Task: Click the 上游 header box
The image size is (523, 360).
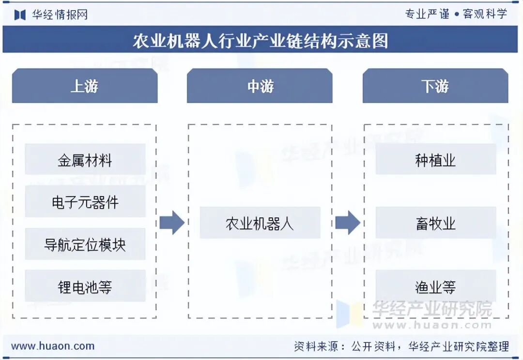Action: [x=85, y=86]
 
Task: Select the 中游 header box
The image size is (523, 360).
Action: [x=260, y=86]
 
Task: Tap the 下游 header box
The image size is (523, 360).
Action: [x=435, y=86]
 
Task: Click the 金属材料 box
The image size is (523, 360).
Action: [x=85, y=159]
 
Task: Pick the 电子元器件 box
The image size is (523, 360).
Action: [x=85, y=202]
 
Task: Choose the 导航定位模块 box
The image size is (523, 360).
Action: [x=85, y=244]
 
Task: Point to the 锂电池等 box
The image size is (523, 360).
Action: [x=85, y=286]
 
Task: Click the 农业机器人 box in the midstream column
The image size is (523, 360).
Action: [x=260, y=223]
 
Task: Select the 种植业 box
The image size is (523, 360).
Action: [x=435, y=159]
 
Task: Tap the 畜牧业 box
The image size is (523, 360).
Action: [x=435, y=223]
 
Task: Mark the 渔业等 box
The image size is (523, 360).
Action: [x=435, y=286]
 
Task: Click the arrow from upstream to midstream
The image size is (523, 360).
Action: [x=172, y=223]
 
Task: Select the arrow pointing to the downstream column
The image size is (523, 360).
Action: [x=347, y=223]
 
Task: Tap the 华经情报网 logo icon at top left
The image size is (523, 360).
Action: [x=19, y=15]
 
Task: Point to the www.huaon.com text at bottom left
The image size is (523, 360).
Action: [x=53, y=346]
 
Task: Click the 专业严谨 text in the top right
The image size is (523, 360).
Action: [x=427, y=14]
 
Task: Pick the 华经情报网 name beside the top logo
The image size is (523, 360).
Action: [x=60, y=15]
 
